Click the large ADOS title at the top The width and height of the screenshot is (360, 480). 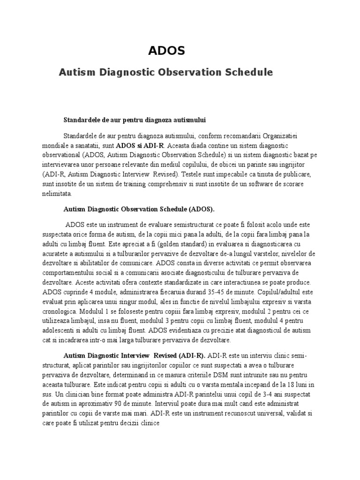tap(166, 51)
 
